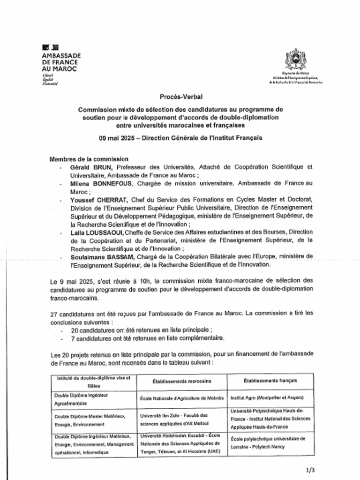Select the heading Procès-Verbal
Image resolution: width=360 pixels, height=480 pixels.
click(x=180, y=97)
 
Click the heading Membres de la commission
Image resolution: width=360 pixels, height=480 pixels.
click(x=89, y=159)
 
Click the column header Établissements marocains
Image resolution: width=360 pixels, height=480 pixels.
click(x=182, y=381)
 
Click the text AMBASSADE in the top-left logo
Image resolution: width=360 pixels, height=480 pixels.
click(x=61, y=55)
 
